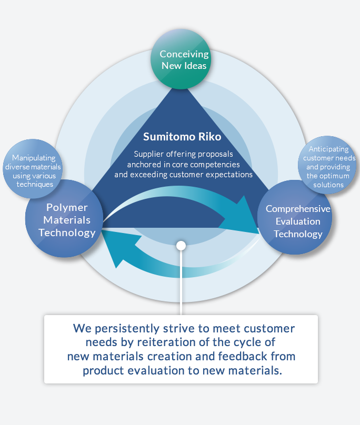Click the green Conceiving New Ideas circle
click(181, 59)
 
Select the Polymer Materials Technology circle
click(64, 218)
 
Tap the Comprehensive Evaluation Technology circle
click(295, 217)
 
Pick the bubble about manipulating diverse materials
click(33, 169)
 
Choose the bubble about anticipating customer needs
click(327, 165)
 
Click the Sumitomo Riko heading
click(182, 137)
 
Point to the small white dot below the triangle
click(181, 246)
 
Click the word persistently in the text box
click(127, 329)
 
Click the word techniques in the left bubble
click(35, 184)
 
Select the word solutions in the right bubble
click(328, 185)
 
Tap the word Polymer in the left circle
click(67, 208)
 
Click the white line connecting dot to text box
click(181, 282)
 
